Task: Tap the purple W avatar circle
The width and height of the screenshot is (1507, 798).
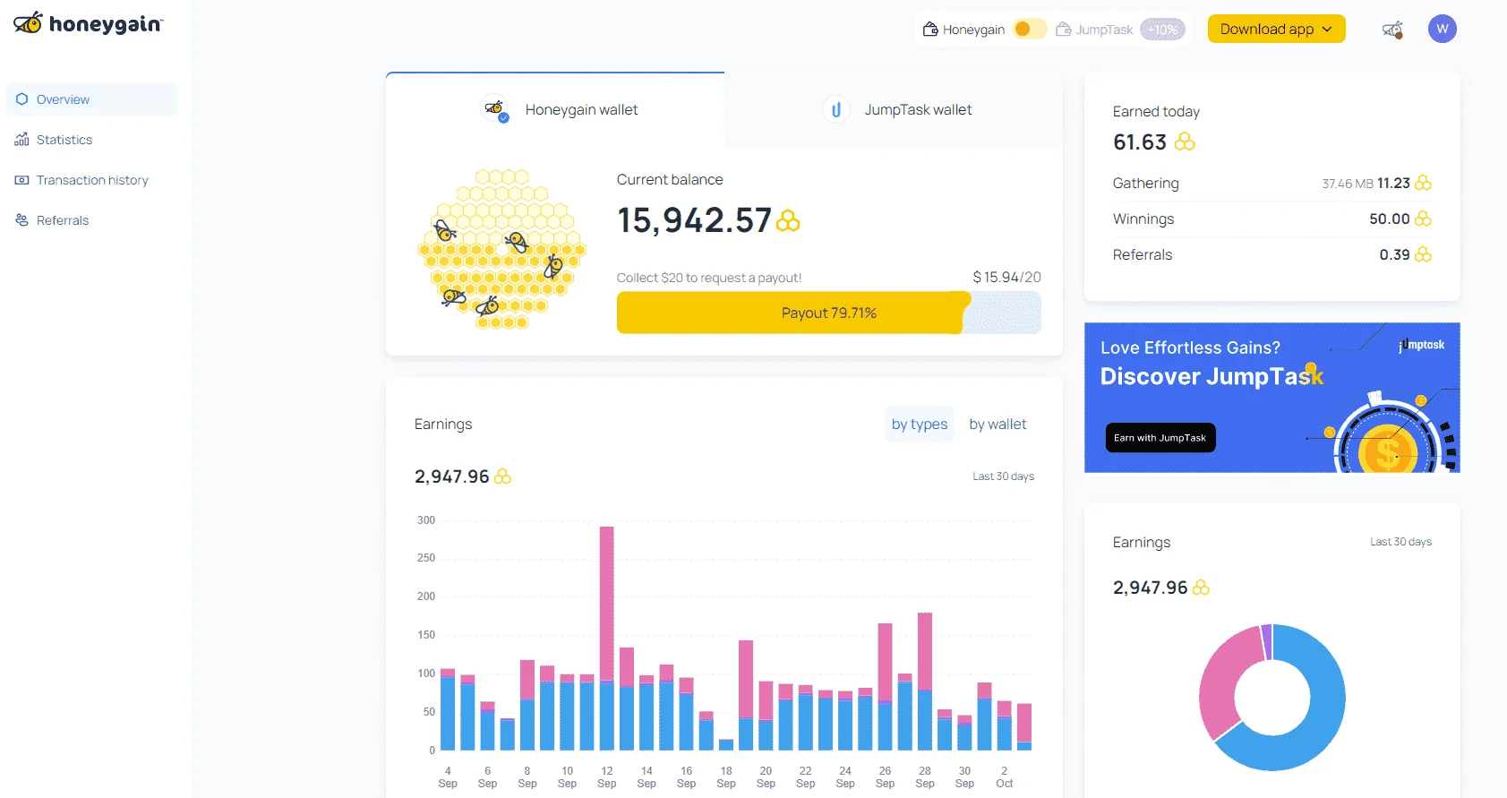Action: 1442,29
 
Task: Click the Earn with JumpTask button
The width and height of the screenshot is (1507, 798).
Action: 1160,437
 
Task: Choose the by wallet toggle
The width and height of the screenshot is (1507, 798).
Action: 997,424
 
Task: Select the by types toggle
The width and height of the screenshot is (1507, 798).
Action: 919,424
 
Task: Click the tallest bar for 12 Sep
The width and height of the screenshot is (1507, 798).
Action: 607,638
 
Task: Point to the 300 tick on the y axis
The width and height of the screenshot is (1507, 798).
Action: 426,520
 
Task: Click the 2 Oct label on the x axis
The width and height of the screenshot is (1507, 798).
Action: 1004,777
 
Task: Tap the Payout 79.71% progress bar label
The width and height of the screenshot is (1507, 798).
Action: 828,313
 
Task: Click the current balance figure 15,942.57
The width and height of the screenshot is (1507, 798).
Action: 694,220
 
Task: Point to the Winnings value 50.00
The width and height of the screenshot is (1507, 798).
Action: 1389,219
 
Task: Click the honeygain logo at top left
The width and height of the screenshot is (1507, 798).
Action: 88,24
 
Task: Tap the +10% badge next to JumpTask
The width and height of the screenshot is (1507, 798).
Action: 1162,30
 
